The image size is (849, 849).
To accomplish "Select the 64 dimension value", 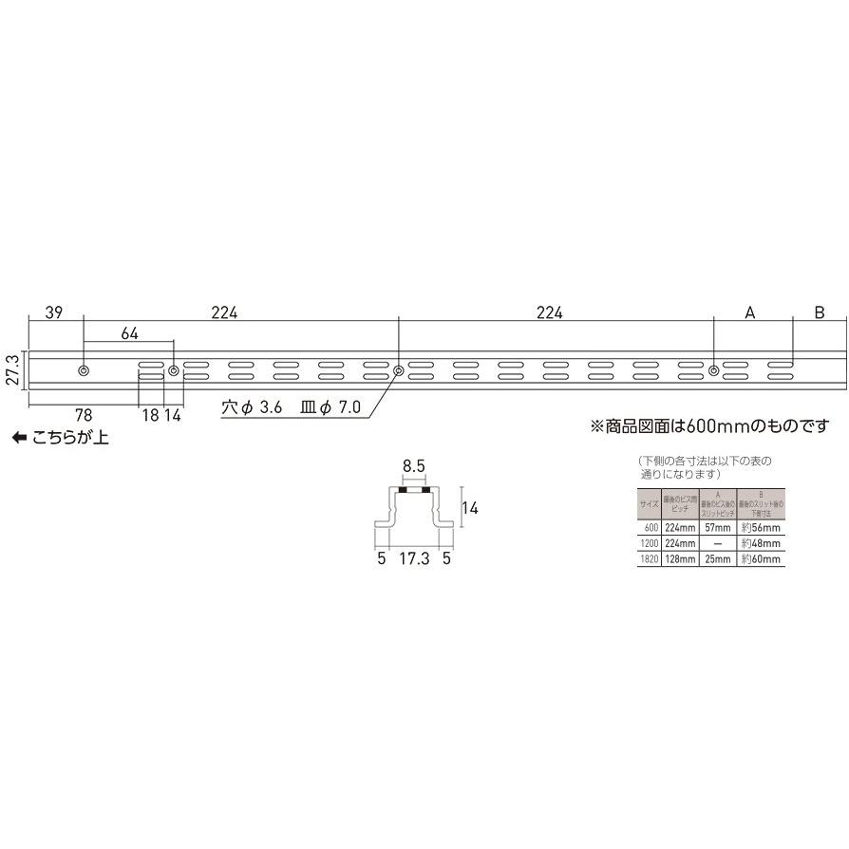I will click(130, 333).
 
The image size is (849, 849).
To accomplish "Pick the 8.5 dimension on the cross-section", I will click(413, 467).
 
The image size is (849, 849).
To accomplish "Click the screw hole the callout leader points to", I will click(398, 369).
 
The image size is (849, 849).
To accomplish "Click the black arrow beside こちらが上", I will click(18, 438).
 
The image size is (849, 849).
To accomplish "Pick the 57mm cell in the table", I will click(718, 526).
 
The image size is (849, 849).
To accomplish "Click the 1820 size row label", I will click(649, 560).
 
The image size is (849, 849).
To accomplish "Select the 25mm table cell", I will click(718, 560).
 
